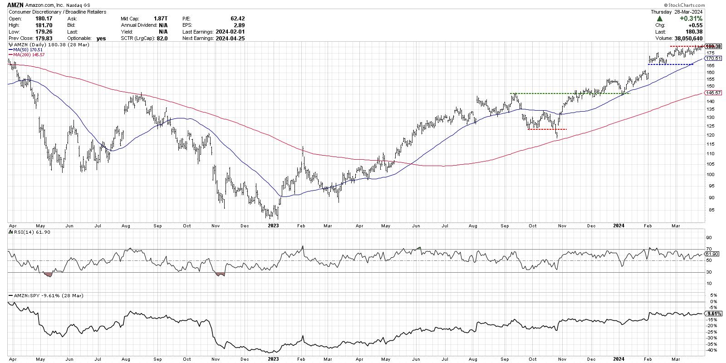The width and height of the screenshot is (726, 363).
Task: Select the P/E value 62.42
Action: click(237, 19)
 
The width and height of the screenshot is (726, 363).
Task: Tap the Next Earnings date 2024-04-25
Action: click(229, 39)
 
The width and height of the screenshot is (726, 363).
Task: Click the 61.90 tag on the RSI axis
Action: click(712, 254)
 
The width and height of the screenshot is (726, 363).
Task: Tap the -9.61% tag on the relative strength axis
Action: click(712, 314)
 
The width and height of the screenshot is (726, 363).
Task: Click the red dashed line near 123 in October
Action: click(547, 130)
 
